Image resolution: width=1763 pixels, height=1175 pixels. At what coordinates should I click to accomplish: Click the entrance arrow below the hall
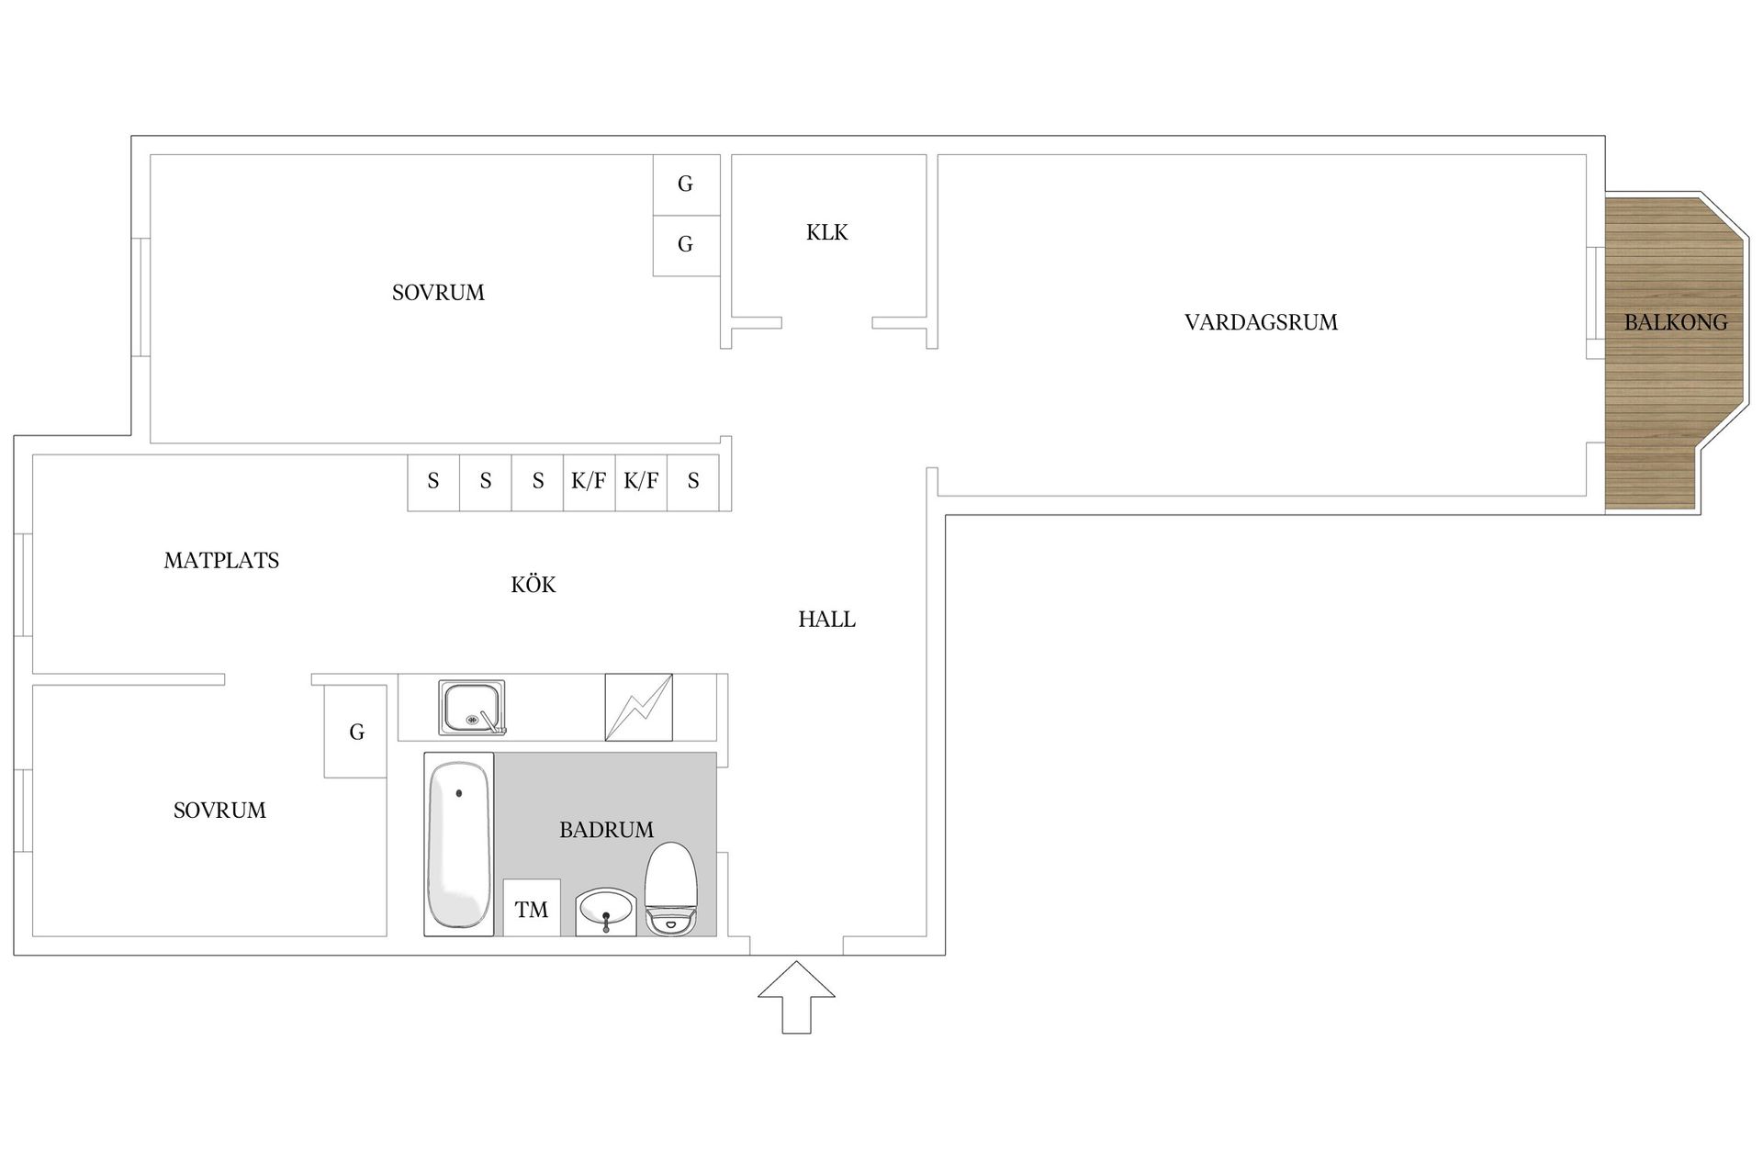coord(796,997)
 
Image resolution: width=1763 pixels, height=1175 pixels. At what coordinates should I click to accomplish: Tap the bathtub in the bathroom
coord(458,845)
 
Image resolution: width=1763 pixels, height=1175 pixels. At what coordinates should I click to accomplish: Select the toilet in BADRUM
coord(671,889)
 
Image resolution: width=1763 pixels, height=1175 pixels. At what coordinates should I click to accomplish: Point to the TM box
coord(532,908)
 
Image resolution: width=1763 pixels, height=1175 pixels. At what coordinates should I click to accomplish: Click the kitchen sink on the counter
coord(472,707)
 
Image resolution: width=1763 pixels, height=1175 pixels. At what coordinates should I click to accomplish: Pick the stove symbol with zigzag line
coord(639,707)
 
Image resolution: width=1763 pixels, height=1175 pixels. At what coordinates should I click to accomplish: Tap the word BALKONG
coord(1676,322)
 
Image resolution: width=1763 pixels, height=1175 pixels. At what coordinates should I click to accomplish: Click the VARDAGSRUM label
coord(1261,322)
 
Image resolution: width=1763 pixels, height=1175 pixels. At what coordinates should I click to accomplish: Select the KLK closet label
coord(827,232)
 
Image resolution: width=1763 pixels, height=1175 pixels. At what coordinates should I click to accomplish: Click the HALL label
coord(826,620)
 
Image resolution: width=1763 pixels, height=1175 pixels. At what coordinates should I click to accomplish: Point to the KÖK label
coord(533,584)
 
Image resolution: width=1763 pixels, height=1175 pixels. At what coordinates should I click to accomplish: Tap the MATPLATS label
coord(221,560)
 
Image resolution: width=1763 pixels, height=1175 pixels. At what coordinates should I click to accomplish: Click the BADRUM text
coord(607,830)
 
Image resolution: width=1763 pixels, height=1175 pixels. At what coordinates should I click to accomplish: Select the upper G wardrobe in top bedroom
coord(686,185)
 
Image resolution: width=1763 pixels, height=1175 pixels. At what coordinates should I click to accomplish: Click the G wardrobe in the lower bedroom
coord(356,732)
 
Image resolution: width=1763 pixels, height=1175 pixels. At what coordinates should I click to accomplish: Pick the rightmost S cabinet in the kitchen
coord(693,482)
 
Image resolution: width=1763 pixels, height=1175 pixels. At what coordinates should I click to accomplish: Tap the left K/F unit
coord(589,482)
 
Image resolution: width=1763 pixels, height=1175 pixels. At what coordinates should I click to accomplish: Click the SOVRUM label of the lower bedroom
coord(219,810)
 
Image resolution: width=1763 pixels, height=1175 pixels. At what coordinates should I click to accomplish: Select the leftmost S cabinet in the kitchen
coord(433,482)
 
